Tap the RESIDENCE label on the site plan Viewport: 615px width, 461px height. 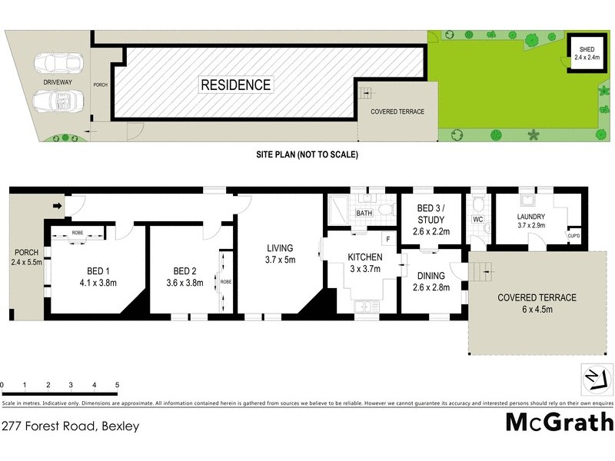point(236,85)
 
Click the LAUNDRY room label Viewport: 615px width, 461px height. point(531,221)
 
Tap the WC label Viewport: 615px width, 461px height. point(477,220)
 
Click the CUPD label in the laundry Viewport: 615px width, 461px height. point(573,236)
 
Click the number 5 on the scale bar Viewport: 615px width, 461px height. point(117,384)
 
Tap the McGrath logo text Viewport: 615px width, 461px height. point(559,422)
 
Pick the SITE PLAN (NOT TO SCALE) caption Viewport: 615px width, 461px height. point(307,154)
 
